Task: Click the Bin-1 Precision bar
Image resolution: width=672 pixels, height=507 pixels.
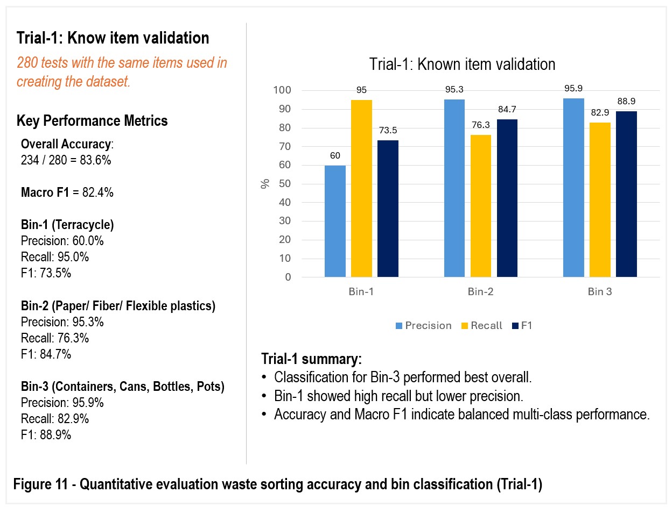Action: (x=335, y=221)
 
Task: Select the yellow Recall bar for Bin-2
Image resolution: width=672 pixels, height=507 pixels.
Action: (x=481, y=206)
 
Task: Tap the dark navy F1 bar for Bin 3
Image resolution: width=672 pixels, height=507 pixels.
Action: (x=626, y=194)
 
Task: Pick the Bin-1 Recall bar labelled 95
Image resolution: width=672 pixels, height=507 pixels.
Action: (x=361, y=188)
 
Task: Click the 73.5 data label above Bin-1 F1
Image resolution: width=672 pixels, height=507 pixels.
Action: (x=388, y=130)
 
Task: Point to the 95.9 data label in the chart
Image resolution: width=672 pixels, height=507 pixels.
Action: (x=573, y=88)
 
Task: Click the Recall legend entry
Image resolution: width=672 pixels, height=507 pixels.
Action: (x=481, y=325)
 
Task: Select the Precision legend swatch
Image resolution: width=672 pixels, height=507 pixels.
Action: (x=398, y=326)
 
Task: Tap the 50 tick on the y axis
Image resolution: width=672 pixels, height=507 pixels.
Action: (x=285, y=184)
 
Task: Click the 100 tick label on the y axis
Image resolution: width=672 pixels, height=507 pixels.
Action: (x=282, y=90)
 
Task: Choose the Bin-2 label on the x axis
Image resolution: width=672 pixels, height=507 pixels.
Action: (x=481, y=291)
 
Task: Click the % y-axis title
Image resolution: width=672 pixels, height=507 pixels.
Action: (x=265, y=184)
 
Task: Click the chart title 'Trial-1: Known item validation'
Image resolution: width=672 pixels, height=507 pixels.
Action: (x=463, y=64)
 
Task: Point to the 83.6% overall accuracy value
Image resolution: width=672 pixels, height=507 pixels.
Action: (x=95, y=160)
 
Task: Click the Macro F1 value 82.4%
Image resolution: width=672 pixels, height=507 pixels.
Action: (x=97, y=192)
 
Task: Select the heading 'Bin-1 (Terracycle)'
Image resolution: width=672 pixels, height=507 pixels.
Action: (x=67, y=225)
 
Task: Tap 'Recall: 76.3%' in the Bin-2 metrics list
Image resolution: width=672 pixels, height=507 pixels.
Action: (x=55, y=338)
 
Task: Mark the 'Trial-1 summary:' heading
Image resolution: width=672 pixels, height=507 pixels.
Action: (x=311, y=359)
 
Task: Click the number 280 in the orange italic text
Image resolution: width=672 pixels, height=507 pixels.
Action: (x=27, y=63)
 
